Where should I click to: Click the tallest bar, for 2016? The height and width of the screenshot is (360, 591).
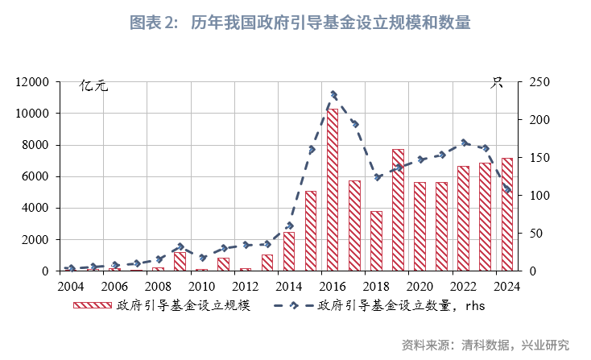[332, 190]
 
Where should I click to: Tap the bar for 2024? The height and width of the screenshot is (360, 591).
[506, 214]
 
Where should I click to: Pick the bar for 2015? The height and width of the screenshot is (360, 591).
[310, 230]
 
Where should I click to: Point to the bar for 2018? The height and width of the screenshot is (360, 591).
[376, 241]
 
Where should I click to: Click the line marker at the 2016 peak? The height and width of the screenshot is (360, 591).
[333, 95]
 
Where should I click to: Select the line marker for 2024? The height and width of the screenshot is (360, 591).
[506, 190]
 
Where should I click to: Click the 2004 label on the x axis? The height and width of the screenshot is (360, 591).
[70, 287]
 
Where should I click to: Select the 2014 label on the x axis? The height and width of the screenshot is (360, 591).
[288, 287]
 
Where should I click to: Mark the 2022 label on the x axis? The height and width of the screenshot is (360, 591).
[462, 287]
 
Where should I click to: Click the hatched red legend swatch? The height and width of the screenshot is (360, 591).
[92, 306]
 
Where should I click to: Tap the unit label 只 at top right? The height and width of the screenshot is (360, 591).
[498, 83]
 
